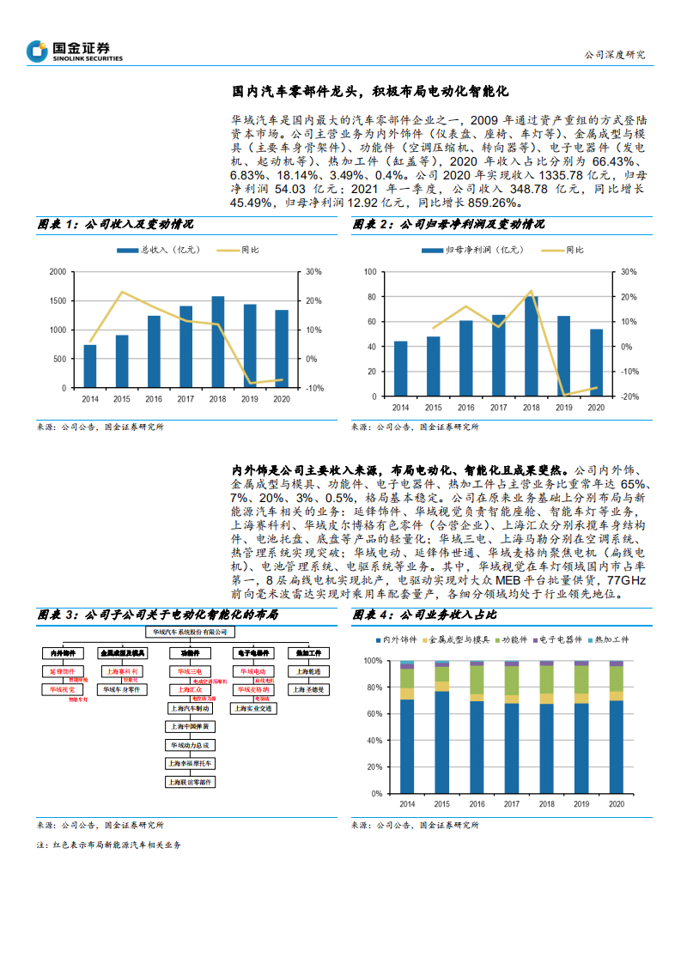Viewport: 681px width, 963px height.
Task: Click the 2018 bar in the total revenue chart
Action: pyautogui.click(x=218, y=342)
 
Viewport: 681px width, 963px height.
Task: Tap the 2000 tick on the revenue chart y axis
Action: pyautogui.click(x=58, y=271)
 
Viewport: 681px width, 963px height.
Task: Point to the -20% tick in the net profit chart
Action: pyautogui.click(x=629, y=396)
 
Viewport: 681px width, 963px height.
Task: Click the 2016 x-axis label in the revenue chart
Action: pyautogui.click(x=154, y=398)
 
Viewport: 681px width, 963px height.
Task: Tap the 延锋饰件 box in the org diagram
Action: pyautogui.click(x=61, y=671)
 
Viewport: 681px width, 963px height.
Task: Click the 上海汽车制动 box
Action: pyautogui.click(x=191, y=709)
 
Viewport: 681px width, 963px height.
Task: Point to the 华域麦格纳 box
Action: pyautogui.click(x=253, y=689)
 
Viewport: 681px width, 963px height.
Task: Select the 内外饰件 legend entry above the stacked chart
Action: pyautogui.click(x=397, y=639)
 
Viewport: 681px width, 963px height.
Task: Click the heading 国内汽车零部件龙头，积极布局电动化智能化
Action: pyautogui.click(x=372, y=90)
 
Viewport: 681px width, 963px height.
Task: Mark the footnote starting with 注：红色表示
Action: pyautogui.click(x=109, y=845)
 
